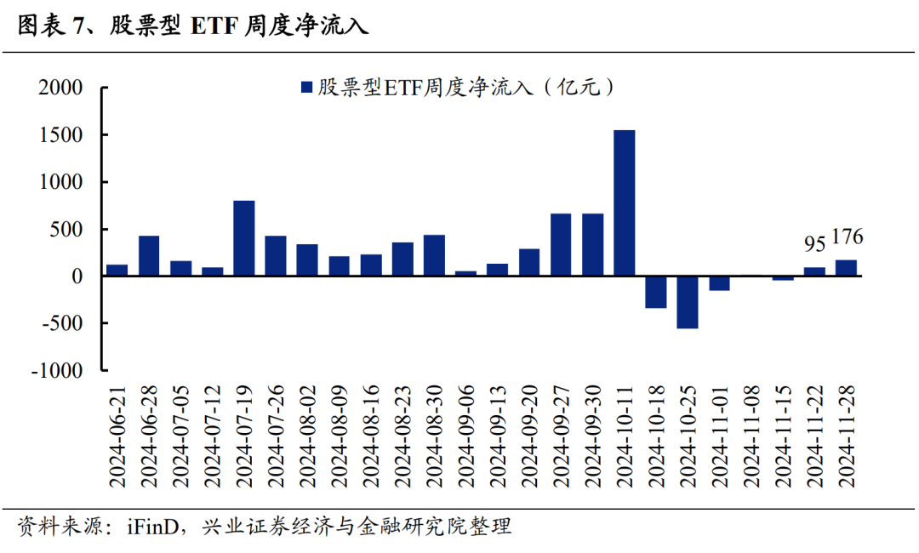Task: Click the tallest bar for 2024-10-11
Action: click(624, 202)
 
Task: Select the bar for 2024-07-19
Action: click(244, 238)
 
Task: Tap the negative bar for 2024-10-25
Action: click(688, 302)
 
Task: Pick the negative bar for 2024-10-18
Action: click(655, 292)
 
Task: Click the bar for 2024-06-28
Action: click(149, 255)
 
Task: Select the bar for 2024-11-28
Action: click(846, 268)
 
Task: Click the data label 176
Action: click(847, 237)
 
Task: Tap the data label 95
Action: click(814, 245)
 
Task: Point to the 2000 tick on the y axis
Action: click(60, 88)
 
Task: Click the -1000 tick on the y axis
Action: click(56, 371)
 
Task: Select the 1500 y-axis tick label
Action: click(60, 135)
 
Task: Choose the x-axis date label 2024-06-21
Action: click(118, 435)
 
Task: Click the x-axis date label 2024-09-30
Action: click(593, 435)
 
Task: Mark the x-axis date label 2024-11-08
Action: click(751, 435)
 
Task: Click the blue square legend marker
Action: click(306, 88)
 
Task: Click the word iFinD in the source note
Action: click(155, 527)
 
